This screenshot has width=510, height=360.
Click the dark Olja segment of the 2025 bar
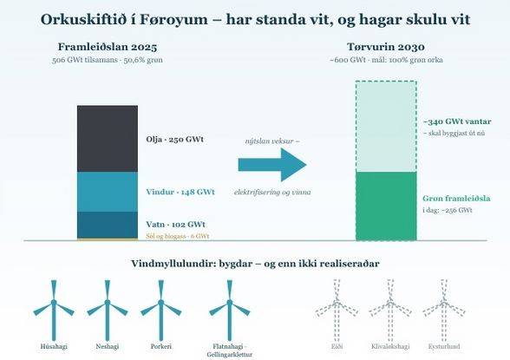(108, 139)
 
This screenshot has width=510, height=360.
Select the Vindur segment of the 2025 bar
(108, 192)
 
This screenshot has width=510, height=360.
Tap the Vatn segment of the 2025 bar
(108, 225)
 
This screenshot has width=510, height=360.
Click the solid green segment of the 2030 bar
(386, 206)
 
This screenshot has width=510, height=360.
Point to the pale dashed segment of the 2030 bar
(386, 126)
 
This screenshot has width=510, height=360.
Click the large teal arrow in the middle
(272, 165)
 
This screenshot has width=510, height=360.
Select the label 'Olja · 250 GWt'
(174, 140)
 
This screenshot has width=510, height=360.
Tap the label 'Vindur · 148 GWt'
(180, 192)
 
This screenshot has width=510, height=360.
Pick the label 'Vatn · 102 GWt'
(175, 225)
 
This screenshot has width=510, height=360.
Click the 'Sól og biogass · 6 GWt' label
(178, 236)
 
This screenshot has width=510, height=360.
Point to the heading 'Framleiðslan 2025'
(108, 47)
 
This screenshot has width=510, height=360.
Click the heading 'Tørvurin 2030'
(386, 47)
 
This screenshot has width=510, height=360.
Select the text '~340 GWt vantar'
(457, 121)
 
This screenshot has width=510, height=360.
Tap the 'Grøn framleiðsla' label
(456, 199)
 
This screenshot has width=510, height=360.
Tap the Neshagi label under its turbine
(108, 346)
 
